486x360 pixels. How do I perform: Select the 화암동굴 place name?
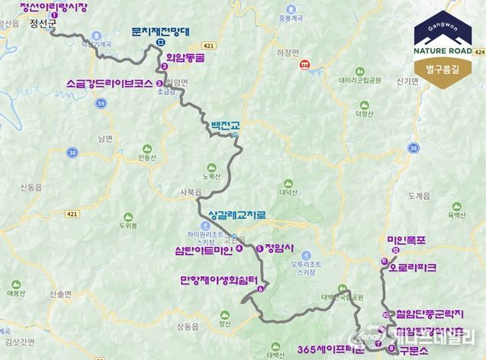pyautogui.click(x=186, y=56)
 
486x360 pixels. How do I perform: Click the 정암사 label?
pyautogui.click(x=278, y=248)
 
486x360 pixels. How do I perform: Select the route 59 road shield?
pyautogui.click(x=101, y=101)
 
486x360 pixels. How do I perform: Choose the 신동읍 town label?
pyautogui.click(x=32, y=188)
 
